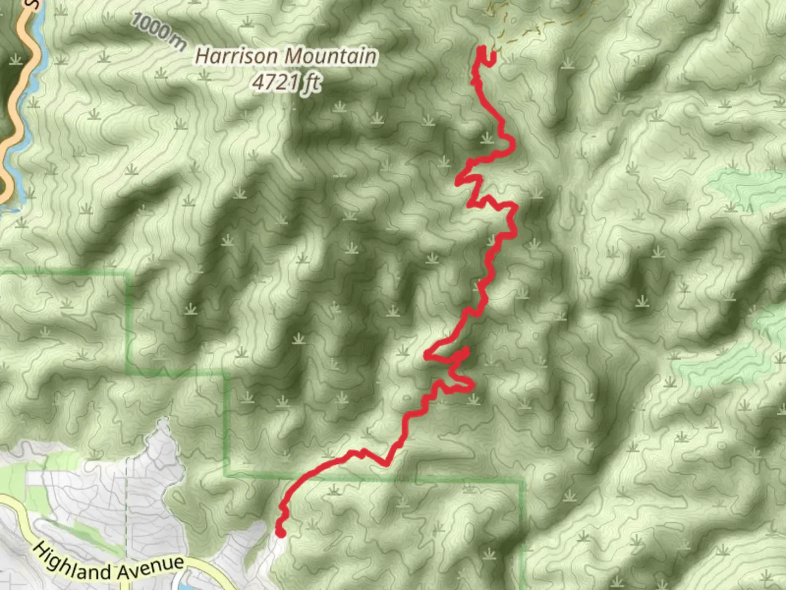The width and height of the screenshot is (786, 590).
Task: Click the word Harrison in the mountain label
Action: (236, 56)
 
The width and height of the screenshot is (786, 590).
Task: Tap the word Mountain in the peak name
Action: (331, 56)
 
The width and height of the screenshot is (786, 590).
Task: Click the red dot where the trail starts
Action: (281, 533)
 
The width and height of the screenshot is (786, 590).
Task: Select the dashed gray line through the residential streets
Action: (126, 519)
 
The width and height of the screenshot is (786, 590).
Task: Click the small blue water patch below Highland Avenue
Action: (186, 586)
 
